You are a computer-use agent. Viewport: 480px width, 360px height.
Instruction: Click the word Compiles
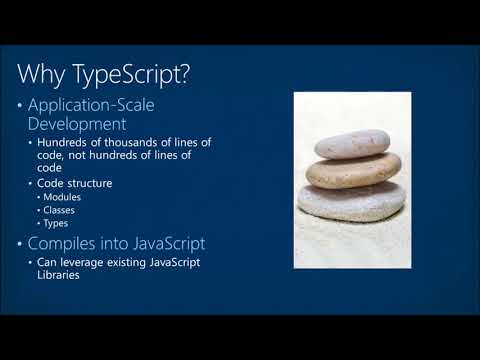point(68,242)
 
